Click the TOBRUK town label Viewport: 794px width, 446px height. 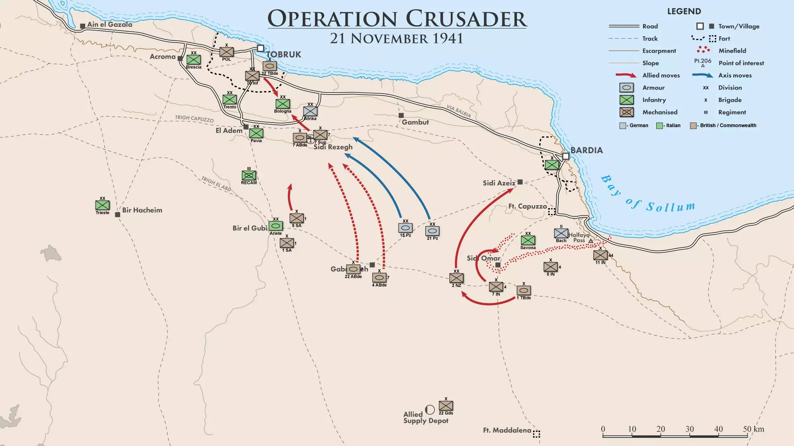(x=284, y=55)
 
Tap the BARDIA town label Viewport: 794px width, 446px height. (x=586, y=150)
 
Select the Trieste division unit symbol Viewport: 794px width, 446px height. (x=102, y=205)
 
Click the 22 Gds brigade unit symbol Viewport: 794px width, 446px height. (x=446, y=406)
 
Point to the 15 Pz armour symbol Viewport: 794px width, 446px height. (x=405, y=228)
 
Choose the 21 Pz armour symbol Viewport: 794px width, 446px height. (x=432, y=231)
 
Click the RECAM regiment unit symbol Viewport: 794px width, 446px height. (x=249, y=176)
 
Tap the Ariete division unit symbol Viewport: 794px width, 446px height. (x=276, y=226)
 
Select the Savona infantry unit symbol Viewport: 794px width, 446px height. (x=528, y=240)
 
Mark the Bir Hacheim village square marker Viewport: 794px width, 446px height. (x=117, y=215)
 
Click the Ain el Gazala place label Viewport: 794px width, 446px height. (x=110, y=24)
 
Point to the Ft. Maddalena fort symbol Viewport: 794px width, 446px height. (x=536, y=434)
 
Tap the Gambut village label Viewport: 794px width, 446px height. (x=415, y=122)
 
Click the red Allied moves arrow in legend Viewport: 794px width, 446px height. (x=626, y=75)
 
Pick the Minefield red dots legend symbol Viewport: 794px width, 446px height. (x=703, y=50)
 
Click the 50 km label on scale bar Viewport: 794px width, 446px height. (x=753, y=429)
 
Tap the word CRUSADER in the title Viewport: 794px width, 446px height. (x=466, y=19)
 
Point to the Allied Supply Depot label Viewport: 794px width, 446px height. (x=426, y=418)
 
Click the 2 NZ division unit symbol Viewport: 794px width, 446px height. (x=457, y=278)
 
